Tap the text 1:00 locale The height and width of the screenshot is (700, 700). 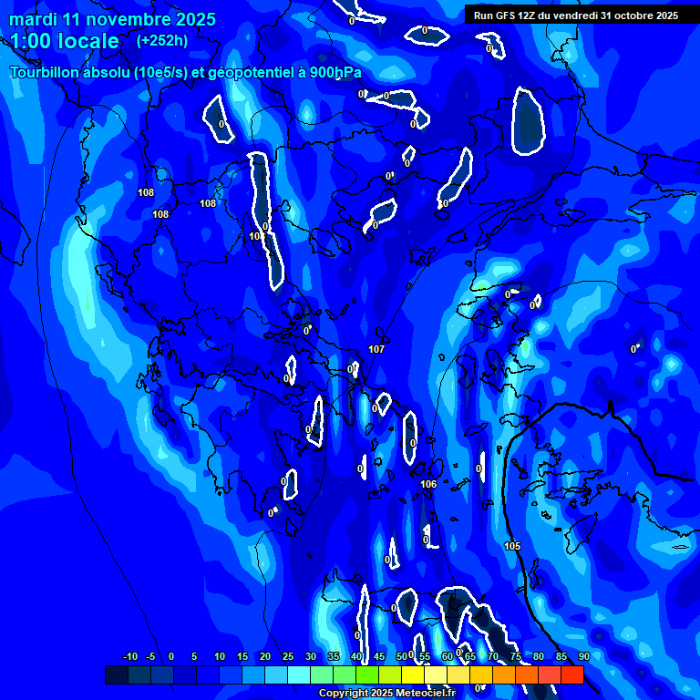[65, 41]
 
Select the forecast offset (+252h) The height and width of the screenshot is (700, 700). [162, 41]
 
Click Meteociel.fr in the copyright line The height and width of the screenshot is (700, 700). [432, 694]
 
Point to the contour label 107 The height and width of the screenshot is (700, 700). [376, 350]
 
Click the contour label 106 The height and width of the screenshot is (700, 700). [428, 484]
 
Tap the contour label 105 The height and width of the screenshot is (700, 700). [512, 546]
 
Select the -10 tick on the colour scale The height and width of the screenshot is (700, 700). [129, 657]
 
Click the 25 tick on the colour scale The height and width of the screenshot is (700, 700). [288, 657]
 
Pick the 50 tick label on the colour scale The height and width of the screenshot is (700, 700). [402, 657]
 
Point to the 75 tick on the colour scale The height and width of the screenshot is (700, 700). [516, 657]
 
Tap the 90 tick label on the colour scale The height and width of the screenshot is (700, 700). [583, 657]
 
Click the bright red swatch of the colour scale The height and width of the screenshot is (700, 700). [571, 674]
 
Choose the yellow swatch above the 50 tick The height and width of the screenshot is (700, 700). [413, 674]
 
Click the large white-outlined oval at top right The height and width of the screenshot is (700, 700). [529, 120]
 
